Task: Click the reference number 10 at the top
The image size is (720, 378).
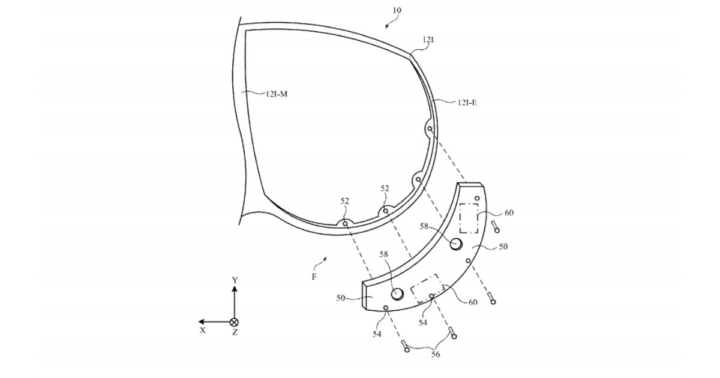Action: [398, 10]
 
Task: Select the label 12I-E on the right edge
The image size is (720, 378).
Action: [467, 103]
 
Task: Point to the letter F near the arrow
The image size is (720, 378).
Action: [314, 277]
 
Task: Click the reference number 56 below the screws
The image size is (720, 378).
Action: [435, 355]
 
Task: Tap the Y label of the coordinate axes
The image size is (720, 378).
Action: [235, 280]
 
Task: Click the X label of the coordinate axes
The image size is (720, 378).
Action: [203, 330]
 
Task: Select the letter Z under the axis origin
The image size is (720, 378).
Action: [235, 332]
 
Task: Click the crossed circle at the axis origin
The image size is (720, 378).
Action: [235, 322]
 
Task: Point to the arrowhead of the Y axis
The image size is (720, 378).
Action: [235, 289]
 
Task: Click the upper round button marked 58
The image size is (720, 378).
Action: [457, 243]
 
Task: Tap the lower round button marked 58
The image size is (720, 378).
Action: [397, 293]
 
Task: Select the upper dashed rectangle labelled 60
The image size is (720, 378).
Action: [468, 218]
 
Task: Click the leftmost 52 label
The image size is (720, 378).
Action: [345, 201]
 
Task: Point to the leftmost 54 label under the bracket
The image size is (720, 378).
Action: [376, 334]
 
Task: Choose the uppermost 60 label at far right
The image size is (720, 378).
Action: [509, 212]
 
